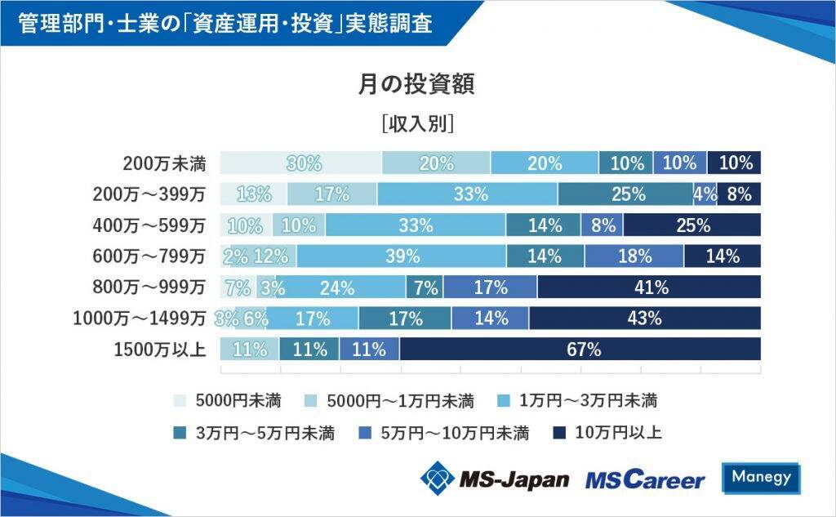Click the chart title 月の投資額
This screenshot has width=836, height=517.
[x=417, y=84]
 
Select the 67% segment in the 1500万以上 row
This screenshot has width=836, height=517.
[x=580, y=350]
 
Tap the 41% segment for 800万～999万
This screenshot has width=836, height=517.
[x=649, y=287]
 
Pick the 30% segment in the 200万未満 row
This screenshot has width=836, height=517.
[x=302, y=163]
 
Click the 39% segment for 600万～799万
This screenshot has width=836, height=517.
[x=402, y=256]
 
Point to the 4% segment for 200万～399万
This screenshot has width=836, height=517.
[x=705, y=194]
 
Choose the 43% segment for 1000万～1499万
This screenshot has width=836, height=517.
[x=645, y=319]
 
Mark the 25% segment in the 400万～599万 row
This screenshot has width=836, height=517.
[x=692, y=225]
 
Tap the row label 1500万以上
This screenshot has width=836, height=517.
[x=159, y=350]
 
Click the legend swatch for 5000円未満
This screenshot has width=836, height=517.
[x=180, y=401]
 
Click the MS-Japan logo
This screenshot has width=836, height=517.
[x=495, y=478]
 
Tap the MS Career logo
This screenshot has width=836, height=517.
[x=644, y=479]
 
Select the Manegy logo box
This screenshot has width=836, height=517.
[x=761, y=478]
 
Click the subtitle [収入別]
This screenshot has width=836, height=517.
[x=417, y=124]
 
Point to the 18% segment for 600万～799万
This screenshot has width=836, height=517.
[x=634, y=256]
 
